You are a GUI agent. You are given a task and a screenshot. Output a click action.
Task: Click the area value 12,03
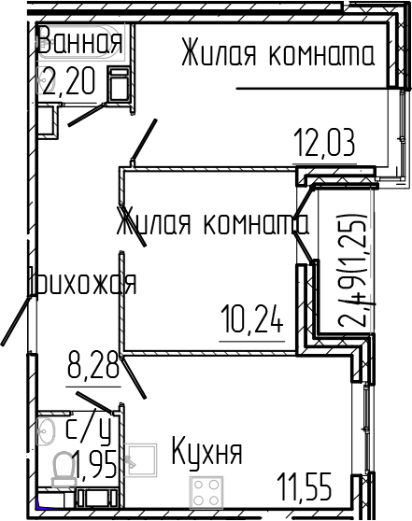[x=324, y=145]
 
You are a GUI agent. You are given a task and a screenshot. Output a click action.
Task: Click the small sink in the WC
[x=48, y=430]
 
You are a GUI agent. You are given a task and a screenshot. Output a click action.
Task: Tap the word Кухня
[x=206, y=454]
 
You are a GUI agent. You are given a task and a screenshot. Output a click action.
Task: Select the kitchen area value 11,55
[x=311, y=485]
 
